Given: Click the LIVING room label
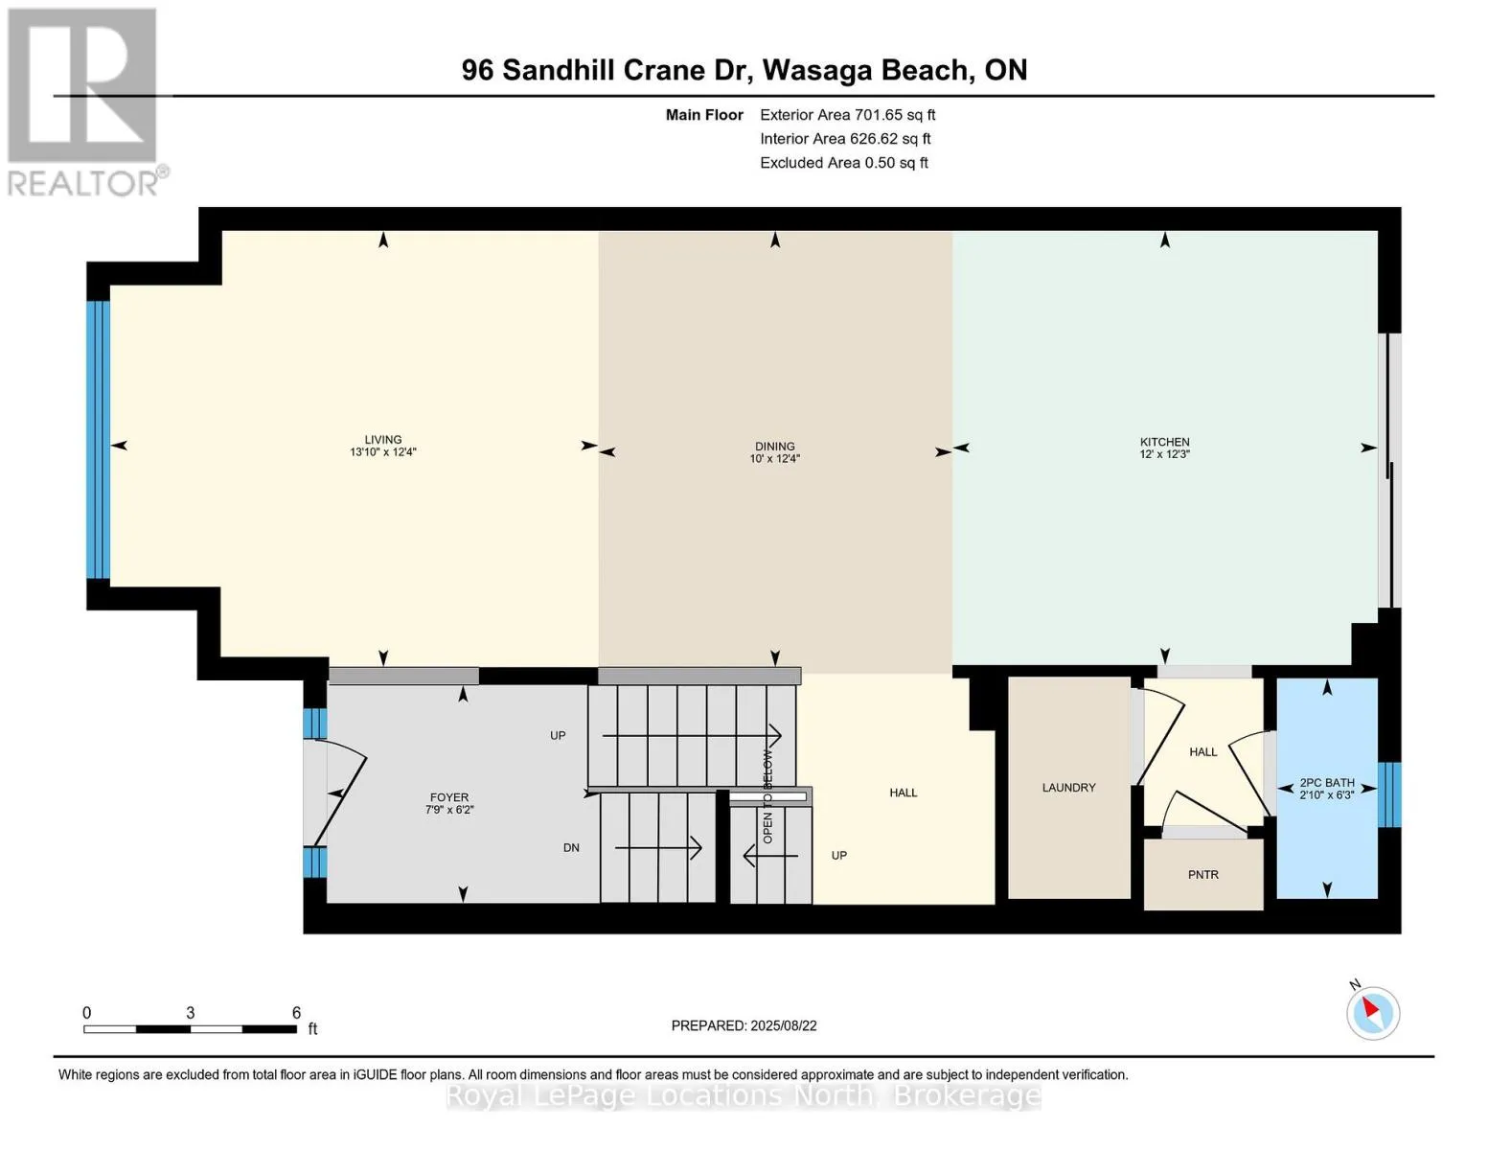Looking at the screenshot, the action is coord(383,440).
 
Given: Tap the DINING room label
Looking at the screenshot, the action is coord(774,446).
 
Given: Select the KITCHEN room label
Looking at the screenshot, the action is coord(1165,442).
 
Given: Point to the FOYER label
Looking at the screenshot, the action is coord(449,797).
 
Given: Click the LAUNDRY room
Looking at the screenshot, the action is coord(1069,788).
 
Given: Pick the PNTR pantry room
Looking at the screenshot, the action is coord(1203,875).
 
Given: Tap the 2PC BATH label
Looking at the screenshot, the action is coord(1327,783).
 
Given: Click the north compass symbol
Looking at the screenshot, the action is coord(1372,1013).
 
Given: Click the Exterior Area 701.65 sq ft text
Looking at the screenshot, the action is coord(847,115).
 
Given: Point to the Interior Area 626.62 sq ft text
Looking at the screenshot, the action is coord(845,139).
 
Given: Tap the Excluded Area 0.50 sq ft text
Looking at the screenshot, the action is coord(843,163).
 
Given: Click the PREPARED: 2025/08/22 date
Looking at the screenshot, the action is coord(744,1026).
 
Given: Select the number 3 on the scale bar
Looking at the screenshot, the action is coord(191,1013).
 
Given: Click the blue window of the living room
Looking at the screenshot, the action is coord(98,440).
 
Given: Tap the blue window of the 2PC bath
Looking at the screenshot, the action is coord(1389,794).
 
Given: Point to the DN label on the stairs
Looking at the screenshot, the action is coord(571,848).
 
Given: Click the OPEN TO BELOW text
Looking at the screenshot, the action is coord(767,797).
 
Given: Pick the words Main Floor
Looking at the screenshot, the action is coord(704,115).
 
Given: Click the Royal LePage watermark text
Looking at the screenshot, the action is coord(744,1096).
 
